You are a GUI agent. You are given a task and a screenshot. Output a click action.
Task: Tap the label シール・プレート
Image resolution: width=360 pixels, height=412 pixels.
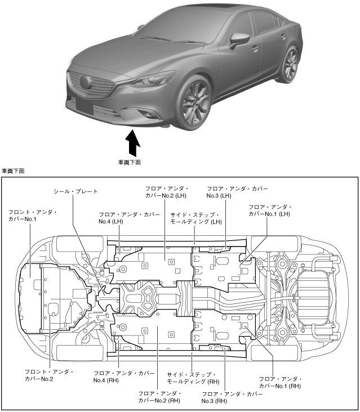75,191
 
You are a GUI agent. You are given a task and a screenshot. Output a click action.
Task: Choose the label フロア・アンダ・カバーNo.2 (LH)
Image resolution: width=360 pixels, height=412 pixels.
166,191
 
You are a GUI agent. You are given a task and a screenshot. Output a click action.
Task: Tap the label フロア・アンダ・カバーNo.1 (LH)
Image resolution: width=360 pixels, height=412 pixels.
269,211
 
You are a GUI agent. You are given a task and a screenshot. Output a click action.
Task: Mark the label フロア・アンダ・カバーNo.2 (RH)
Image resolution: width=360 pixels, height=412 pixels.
159,396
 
